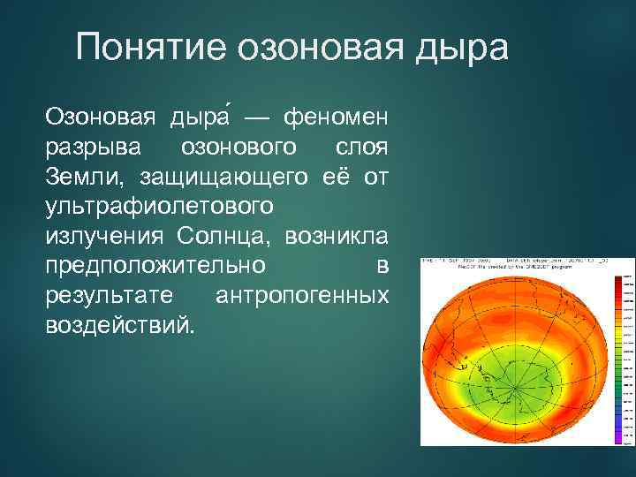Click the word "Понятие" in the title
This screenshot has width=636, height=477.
click(149, 47)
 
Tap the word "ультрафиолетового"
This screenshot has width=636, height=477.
click(156, 207)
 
